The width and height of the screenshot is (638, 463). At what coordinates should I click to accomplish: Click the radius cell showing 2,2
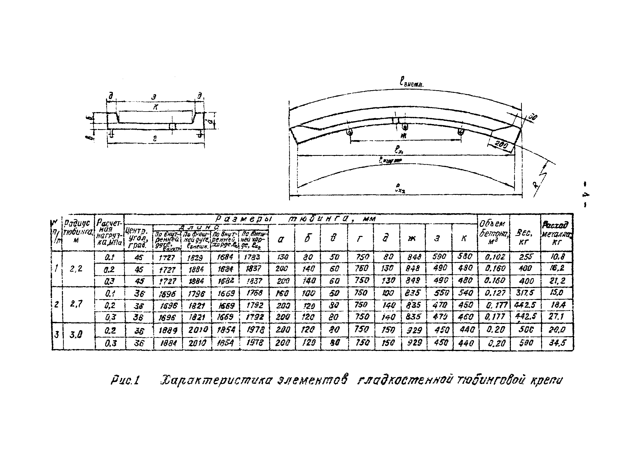click(x=76, y=269)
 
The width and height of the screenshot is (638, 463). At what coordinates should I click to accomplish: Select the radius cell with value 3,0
click(x=76, y=335)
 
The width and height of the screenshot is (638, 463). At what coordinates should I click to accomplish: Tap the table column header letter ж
click(x=412, y=238)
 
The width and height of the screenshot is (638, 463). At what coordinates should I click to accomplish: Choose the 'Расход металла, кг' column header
click(x=557, y=233)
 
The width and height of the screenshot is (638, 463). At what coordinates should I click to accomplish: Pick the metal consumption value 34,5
click(x=557, y=343)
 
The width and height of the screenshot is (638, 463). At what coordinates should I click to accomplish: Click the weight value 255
click(x=525, y=257)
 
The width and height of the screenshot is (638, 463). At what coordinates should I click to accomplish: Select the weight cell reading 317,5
click(x=525, y=293)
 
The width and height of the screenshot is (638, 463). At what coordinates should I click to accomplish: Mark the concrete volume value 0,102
click(x=495, y=257)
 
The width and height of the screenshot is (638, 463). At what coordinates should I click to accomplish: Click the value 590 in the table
click(x=439, y=256)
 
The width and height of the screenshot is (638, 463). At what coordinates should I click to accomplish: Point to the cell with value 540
click(x=465, y=293)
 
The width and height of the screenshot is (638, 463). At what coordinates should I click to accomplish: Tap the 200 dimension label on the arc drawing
click(x=501, y=145)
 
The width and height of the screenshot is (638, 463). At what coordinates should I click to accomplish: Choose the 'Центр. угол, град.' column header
click(x=137, y=238)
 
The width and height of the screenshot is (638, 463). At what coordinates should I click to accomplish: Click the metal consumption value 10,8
click(x=557, y=256)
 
